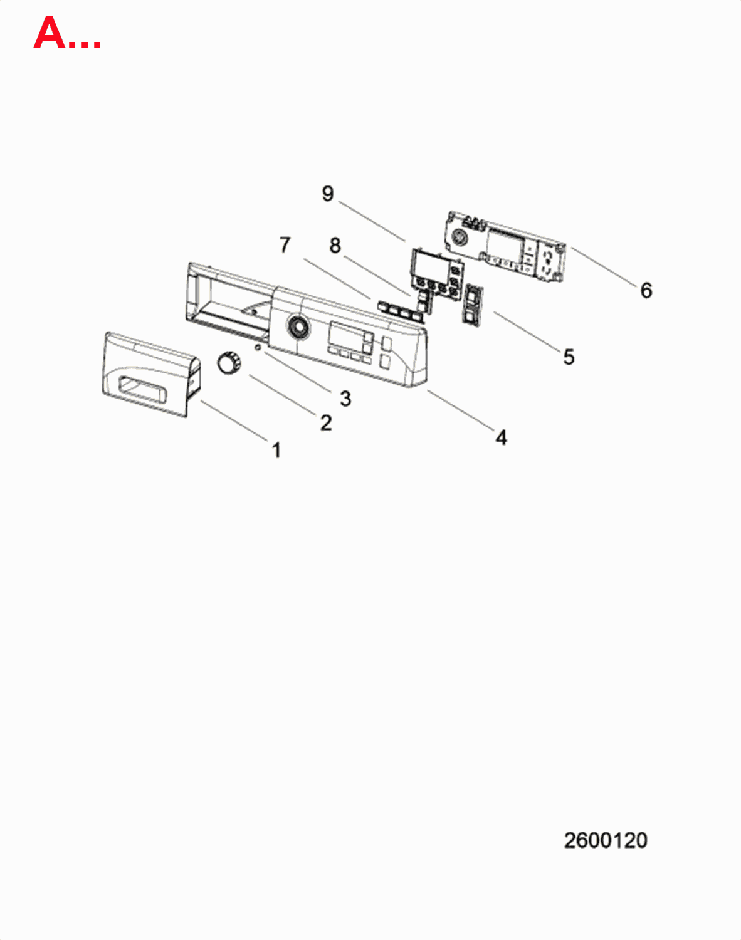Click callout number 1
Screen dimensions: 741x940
pyautogui.click(x=276, y=451)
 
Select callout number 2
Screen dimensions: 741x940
pyautogui.click(x=326, y=423)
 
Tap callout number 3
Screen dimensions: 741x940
pyautogui.click(x=345, y=399)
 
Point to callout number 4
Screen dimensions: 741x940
pyautogui.click(x=501, y=437)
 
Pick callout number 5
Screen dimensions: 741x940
pyautogui.click(x=569, y=357)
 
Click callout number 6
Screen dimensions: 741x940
pyautogui.click(x=646, y=290)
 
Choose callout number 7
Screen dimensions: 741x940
pyautogui.click(x=285, y=244)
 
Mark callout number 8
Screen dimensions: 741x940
pyautogui.click(x=335, y=245)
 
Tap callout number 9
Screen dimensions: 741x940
pyautogui.click(x=328, y=193)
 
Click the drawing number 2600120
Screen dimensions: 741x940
pyautogui.click(x=606, y=840)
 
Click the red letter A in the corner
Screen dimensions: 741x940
pyautogui.click(x=50, y=33)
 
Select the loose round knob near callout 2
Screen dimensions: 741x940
pyautogui.click(x=228, y=363)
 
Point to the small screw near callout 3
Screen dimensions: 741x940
pyautogui.click(x=258, y=347)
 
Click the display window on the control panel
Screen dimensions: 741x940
pyautogui.click(x=346, y=335)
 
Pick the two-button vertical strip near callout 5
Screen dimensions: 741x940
pyautogui.click(x=472, y=304)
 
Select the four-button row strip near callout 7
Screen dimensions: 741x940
pyautogui.click(x=401, y=311)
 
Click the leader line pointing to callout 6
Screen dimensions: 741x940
pyautogui.click(x=604, y=267)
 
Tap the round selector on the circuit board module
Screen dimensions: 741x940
pyautogui.click(x=458, y=238)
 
